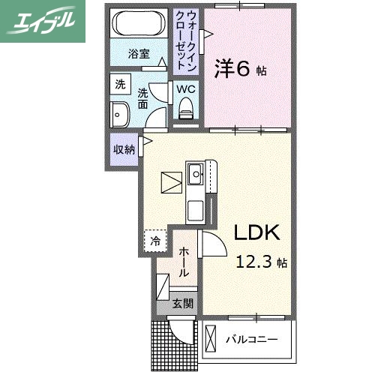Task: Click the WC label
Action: [x=186, y=89]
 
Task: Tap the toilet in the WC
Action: [x=186, y=110]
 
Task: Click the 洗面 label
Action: [x=142, y=98]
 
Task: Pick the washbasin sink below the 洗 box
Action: [x=120, y=115]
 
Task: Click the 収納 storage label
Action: [x=124, y=149]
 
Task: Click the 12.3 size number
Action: [x=253, y=262]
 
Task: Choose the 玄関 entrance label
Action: [x=182, y=304]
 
